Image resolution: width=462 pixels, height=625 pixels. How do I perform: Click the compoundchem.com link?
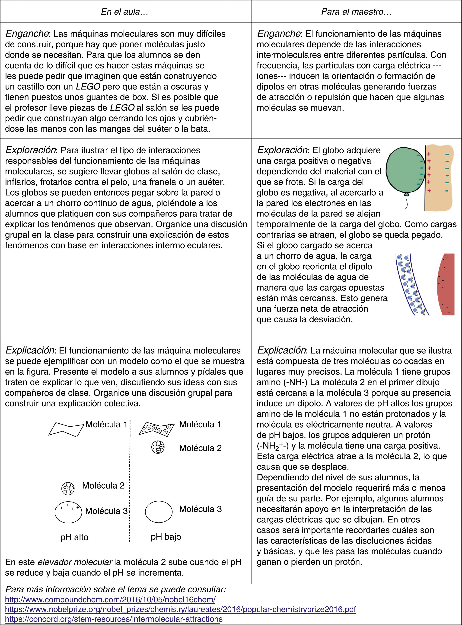[110, 599]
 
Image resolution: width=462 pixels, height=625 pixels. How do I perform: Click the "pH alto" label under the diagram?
[74, 537]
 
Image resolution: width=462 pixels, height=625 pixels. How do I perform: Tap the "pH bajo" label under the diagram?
[166, 537]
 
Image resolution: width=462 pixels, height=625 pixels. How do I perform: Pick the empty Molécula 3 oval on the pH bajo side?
[159, 512]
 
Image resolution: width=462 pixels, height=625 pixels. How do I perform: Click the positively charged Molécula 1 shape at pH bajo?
[157, 429]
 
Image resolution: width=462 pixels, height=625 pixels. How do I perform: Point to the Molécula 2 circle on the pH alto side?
[68, 488]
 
